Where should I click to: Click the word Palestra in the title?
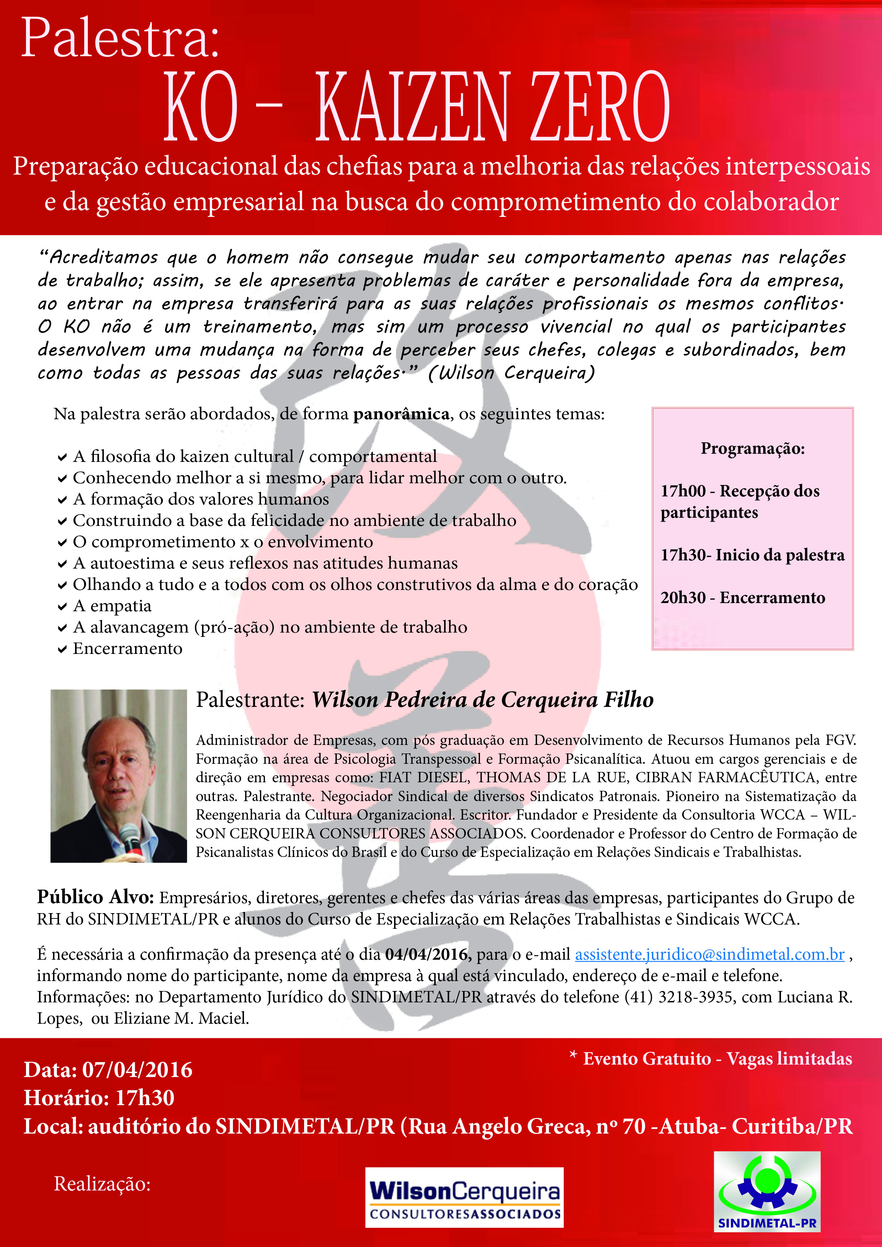pyautogui.click(x=119, y=38)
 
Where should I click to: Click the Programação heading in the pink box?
pyautogui.click(x=752, y=449)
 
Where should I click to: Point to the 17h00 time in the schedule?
pyautogui.click(x=683, y=491)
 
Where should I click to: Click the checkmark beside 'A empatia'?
pyautogui.click(x=63, y=607)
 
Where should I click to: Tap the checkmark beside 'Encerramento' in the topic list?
pyautogui.click(x=63, y=650)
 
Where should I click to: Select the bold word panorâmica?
pyautogui.click(x=401, y=414)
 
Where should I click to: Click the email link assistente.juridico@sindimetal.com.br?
pyautogui.click(x=709, y=954)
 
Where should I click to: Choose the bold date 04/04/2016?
pyautogui.click(x=426, y=954)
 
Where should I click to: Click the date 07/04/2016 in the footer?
pyautogui.click(x=137, y=1070)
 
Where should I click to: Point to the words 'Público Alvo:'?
pyautogui.click(x=96, y=897)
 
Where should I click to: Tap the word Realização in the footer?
pyautogui.click(x=102, y=1184)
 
